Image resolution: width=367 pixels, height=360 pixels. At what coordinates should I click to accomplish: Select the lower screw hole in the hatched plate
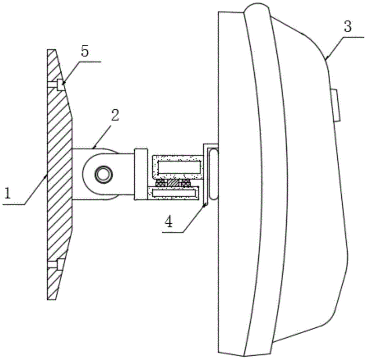pyautogui.click(x=59, y=263)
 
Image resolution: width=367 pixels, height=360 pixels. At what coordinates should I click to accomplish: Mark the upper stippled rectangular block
pyautogui.click(x=177, y=166)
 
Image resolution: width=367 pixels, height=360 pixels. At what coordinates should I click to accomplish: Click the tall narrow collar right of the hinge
pyautogui.click(x=141, y=174)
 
